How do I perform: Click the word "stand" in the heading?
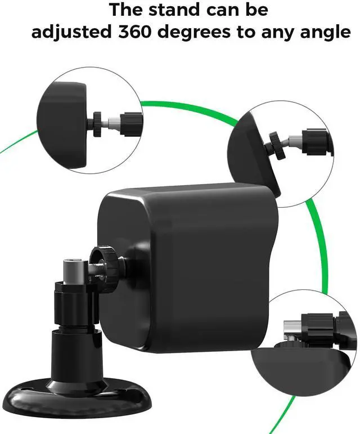point(174,10)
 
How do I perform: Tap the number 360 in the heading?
point(135,32)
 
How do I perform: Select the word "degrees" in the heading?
point(195,33)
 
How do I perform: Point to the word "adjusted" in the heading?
point(71,33)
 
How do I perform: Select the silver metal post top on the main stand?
point(73,271)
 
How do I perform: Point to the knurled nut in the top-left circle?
point(97,124)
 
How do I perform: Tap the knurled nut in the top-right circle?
point(277,146)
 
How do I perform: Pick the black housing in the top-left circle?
point(62,124)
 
